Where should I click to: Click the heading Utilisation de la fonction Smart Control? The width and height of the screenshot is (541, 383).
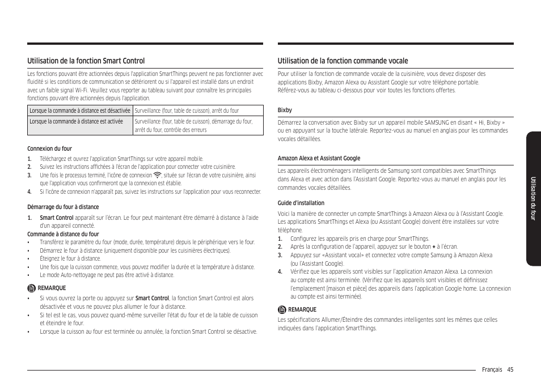[x=86, y=61]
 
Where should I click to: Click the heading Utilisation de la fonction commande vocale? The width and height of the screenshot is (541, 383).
[x=343, y=61]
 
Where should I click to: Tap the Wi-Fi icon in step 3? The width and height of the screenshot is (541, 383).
[x=158, y=175]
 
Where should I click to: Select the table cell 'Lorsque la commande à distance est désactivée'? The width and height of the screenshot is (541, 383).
[x=79, y=111]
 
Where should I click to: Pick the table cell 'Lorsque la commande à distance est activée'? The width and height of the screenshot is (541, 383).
[x=76, y=122]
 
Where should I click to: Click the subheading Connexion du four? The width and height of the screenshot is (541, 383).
[x=50, y=149]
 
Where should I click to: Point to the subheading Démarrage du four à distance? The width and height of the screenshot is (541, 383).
[x=63, y=207]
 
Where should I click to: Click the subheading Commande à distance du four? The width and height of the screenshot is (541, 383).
[x=63, y=234]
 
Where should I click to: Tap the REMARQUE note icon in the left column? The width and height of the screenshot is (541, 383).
[x=32, y=288]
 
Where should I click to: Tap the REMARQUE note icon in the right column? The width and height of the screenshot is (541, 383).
[x=282, y=309]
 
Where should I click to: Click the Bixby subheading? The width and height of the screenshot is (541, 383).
[x=285, y=110]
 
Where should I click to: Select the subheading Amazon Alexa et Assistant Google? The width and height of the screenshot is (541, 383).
[x=319, y=158]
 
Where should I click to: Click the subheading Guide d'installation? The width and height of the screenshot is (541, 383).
[x=301, y=203]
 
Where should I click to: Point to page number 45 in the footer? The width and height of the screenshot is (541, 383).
[x=510, y=369]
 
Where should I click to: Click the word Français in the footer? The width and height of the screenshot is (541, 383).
[x=492, y=369]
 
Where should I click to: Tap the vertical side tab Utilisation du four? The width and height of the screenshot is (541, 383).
[x=533, y=198]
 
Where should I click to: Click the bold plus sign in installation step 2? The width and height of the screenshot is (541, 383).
[x=434, y=247]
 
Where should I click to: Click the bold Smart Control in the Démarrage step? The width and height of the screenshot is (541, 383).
[x=56, y=218]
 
